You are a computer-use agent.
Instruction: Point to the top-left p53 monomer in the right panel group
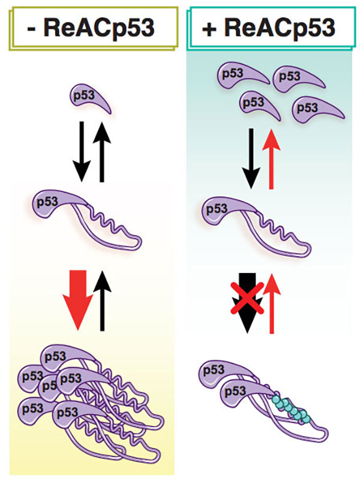click(233, 75)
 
